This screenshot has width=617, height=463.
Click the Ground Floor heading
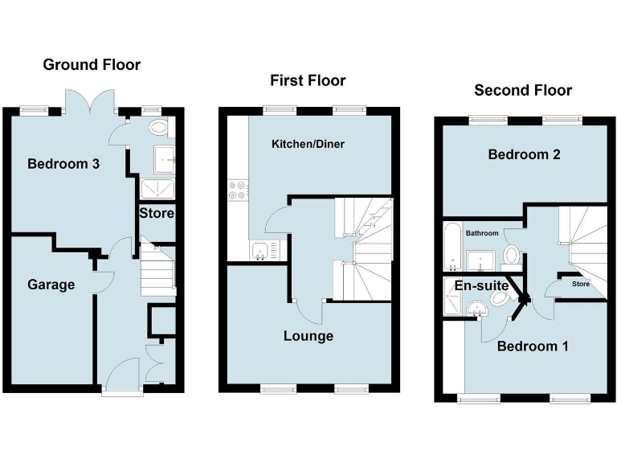coord(92,65)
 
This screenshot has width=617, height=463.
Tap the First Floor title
coord(308,80)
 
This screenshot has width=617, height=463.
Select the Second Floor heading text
coord(523,90)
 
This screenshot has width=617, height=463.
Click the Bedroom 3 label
coord(63,164)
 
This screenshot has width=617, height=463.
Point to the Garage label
coord(51,285)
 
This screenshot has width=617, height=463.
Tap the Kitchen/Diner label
coord(308,144)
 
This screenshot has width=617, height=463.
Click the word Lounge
coord(308,336)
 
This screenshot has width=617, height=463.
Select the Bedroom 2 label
coord(524,154)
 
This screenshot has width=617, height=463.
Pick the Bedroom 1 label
coord(532,346)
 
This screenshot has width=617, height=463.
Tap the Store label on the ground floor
coord(157,214)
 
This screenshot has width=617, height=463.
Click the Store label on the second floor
coord(580,284)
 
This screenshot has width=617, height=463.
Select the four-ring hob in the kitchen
coord(239,191)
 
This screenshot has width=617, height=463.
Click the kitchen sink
coord(262,252)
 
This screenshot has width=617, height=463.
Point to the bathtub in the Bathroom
coord(451,248)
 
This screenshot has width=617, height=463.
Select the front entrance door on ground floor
coord(123,377)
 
